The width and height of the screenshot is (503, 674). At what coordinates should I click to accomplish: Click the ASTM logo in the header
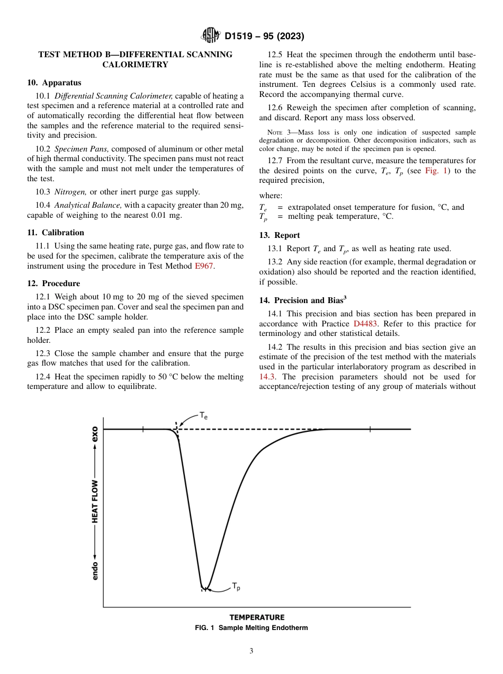click(211, 36)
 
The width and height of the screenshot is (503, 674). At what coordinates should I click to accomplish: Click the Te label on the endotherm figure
click(203, 416)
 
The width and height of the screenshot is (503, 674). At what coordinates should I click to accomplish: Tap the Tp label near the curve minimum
click(236, 587)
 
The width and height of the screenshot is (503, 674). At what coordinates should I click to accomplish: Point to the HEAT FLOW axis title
click(95, 502)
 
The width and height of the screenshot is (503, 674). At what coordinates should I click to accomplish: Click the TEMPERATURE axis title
click(257, 617)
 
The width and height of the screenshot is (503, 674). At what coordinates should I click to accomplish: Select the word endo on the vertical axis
click(95, 567)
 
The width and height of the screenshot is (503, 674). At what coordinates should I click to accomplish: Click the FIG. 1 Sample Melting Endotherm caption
click(251, 628)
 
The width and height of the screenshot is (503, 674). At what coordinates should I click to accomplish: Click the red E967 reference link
click(204, 266)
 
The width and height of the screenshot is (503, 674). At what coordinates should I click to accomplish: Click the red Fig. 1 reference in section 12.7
click(437, 171)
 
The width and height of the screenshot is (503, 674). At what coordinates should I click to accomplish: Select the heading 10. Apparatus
click(54, 83)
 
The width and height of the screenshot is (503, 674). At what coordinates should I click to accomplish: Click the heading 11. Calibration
click(56, 233)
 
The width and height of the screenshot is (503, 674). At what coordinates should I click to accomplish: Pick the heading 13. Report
click(280, 235)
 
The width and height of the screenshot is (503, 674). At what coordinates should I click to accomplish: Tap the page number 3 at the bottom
click(251, 651)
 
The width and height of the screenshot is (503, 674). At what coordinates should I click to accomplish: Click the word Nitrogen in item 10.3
click(71, 192)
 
